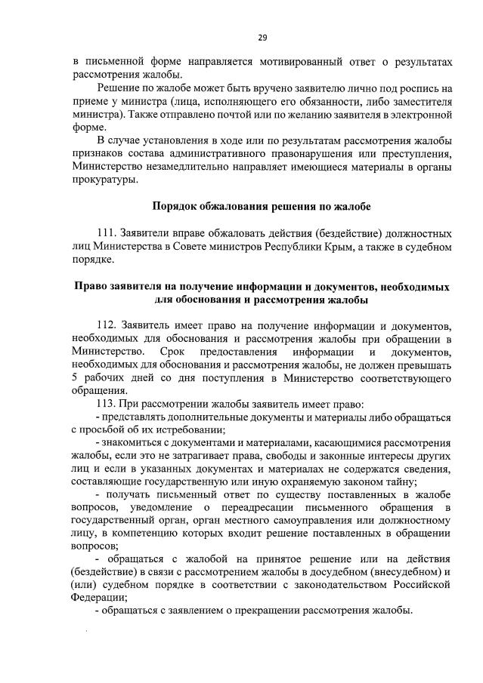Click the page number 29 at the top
[x=241, y=37]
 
